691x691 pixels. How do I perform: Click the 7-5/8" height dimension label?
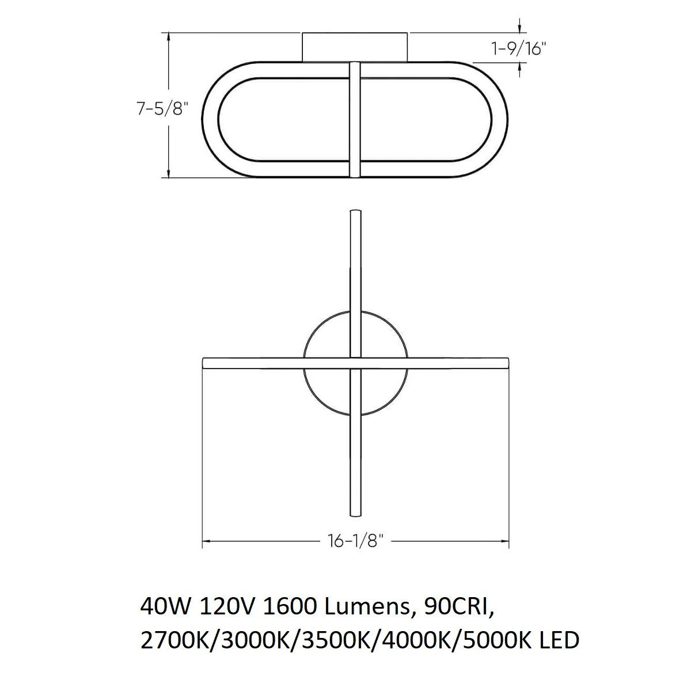click(162, 109)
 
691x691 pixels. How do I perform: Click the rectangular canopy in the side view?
click(355, 47)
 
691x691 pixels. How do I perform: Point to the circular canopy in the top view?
click(303, 363)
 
